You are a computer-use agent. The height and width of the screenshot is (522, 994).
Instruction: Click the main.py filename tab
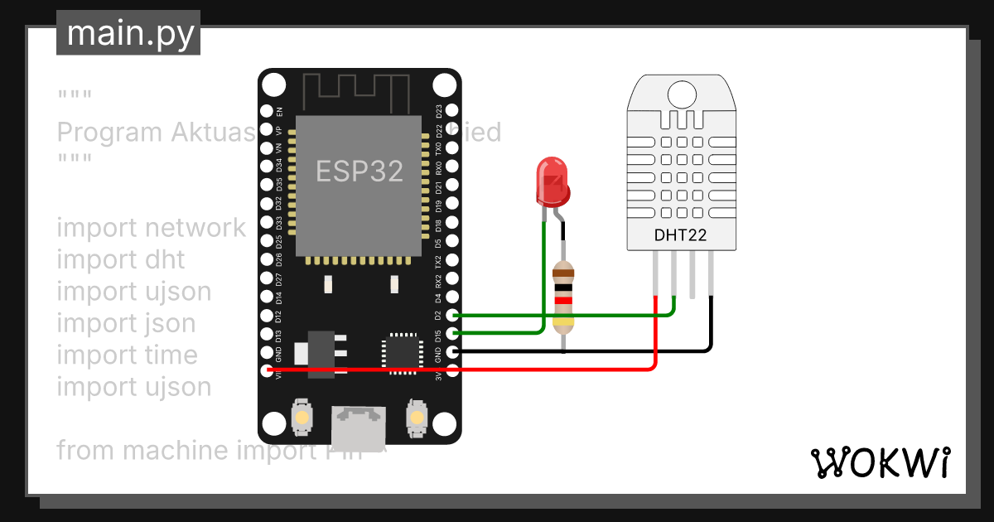(128, 33)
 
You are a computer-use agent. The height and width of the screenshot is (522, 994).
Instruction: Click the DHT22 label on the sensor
(680, 234)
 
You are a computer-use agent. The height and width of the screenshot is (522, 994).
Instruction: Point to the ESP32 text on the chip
(359, 171)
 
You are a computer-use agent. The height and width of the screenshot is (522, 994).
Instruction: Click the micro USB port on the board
(358, 424)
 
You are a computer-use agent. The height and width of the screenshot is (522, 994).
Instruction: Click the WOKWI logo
(879, 463)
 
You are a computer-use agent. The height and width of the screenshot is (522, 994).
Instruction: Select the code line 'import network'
(151, 228)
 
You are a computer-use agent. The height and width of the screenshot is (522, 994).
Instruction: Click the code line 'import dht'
(120, 259)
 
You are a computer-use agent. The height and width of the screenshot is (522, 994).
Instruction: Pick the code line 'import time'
(127, 355)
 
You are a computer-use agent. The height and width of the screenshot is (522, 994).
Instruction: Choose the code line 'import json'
(126, 323)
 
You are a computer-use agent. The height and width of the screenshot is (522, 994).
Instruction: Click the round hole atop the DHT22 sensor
(681, 93)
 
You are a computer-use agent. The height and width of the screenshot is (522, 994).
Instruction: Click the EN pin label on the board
(279, 110)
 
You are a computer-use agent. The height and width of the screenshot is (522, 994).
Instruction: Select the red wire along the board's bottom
(497, 370)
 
